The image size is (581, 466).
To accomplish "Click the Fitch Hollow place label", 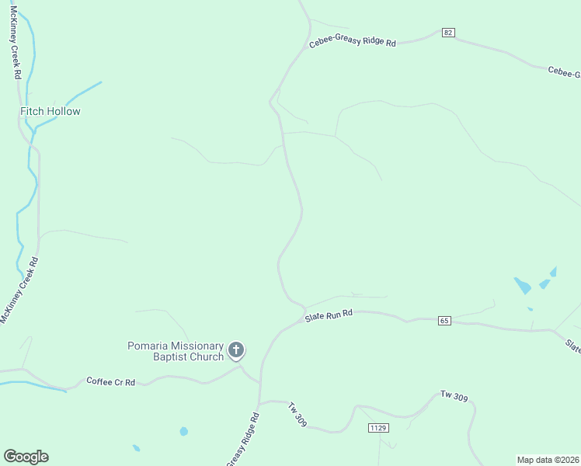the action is [50, 111].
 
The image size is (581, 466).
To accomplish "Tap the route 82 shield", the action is [448, 33].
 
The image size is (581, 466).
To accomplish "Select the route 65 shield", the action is [444, 320].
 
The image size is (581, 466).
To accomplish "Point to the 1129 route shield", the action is [378, 428].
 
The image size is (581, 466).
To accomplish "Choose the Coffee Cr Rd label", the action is [111, 381].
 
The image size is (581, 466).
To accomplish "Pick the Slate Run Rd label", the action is [329, 315].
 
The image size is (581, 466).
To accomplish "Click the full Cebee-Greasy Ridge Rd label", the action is [353, 42].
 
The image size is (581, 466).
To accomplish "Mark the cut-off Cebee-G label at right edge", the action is [564, 72].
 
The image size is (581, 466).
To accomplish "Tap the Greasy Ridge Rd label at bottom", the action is [242, 440].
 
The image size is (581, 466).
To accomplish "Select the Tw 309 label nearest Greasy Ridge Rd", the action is [297, 415].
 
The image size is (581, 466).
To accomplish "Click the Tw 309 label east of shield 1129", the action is [454, 398].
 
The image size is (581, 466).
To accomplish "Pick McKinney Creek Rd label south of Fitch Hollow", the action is [19, 291].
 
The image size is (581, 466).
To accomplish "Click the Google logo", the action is [26, 457].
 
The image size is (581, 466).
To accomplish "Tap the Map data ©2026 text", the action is [548, 459].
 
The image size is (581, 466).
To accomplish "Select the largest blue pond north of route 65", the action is [522, 285].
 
